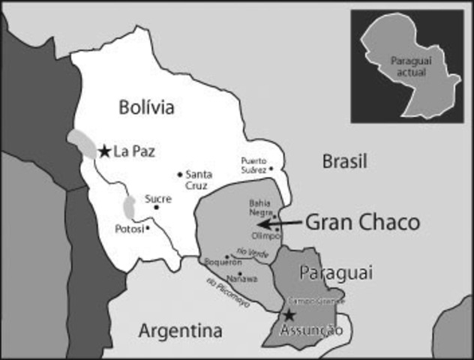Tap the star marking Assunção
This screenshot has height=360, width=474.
[289, 315]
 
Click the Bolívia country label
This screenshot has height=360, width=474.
[146, 107]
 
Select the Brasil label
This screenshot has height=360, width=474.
[344, 160]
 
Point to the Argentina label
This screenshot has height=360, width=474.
[181, 331]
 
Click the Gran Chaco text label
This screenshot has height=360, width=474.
[361, 222]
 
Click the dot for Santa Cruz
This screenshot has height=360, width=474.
[180, 175]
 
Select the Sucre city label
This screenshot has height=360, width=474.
[158, 199]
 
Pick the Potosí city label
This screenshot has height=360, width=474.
[129, 228]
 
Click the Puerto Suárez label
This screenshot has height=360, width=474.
[254, 164]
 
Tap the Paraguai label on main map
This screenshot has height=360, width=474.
[324, 271]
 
